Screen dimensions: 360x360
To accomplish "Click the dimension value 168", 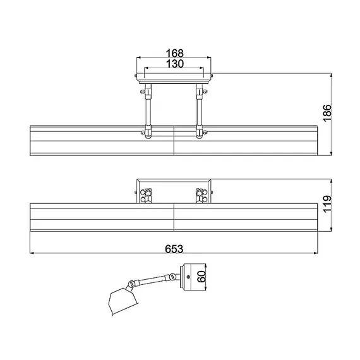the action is pyautogui.click(x=175, y=53).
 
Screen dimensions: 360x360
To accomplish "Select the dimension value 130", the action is pyautogui.click(x=175, y=64).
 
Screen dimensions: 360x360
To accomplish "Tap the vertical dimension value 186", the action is pyautogui.click(x=327, y=113).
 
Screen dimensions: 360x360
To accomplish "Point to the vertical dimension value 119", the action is pyautogui.click(x=327, y=204).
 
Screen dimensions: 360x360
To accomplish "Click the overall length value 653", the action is pyautogui.click(x=174, y=249).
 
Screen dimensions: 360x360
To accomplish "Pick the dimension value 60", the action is pyautogui.click(x=201, y=277).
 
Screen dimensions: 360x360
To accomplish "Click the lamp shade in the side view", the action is pyautogui.click(x=123, y=301).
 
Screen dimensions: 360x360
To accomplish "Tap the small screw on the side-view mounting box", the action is pyautogui.click(x=189, y=277).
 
